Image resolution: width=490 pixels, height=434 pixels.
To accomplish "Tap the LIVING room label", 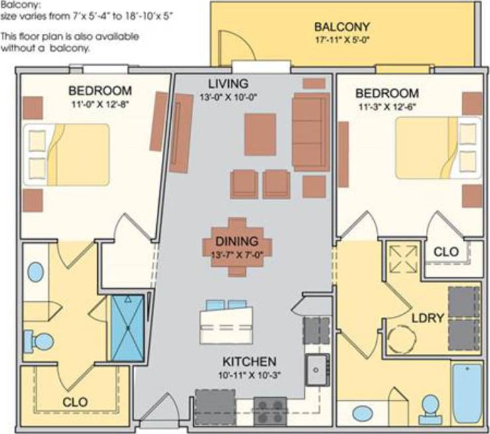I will click(227, 84).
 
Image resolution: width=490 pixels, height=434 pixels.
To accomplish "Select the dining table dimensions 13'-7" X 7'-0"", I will click(237, 254).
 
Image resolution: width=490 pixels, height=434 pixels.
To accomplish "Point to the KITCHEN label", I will click(249, 361).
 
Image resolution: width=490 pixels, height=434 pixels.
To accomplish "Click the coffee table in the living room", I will click(260, 134).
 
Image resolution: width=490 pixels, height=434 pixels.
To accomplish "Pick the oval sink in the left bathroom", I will click(36, 272).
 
